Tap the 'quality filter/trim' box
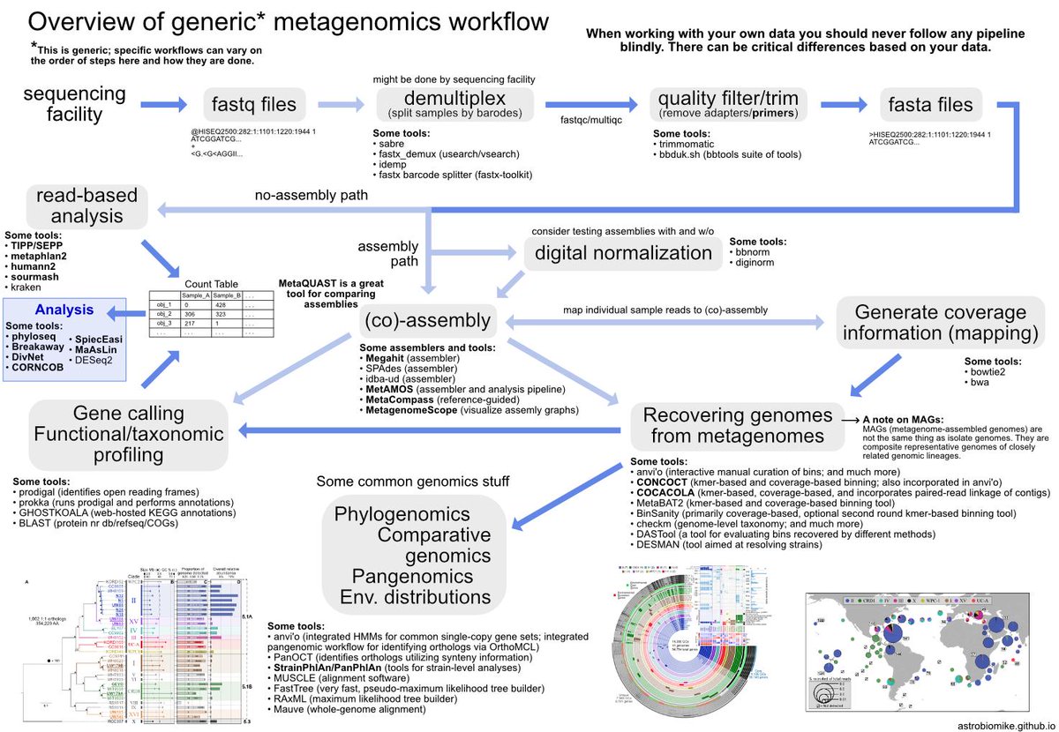[724, 104]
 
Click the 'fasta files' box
[930, 105]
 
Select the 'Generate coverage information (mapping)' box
[940, 323]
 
